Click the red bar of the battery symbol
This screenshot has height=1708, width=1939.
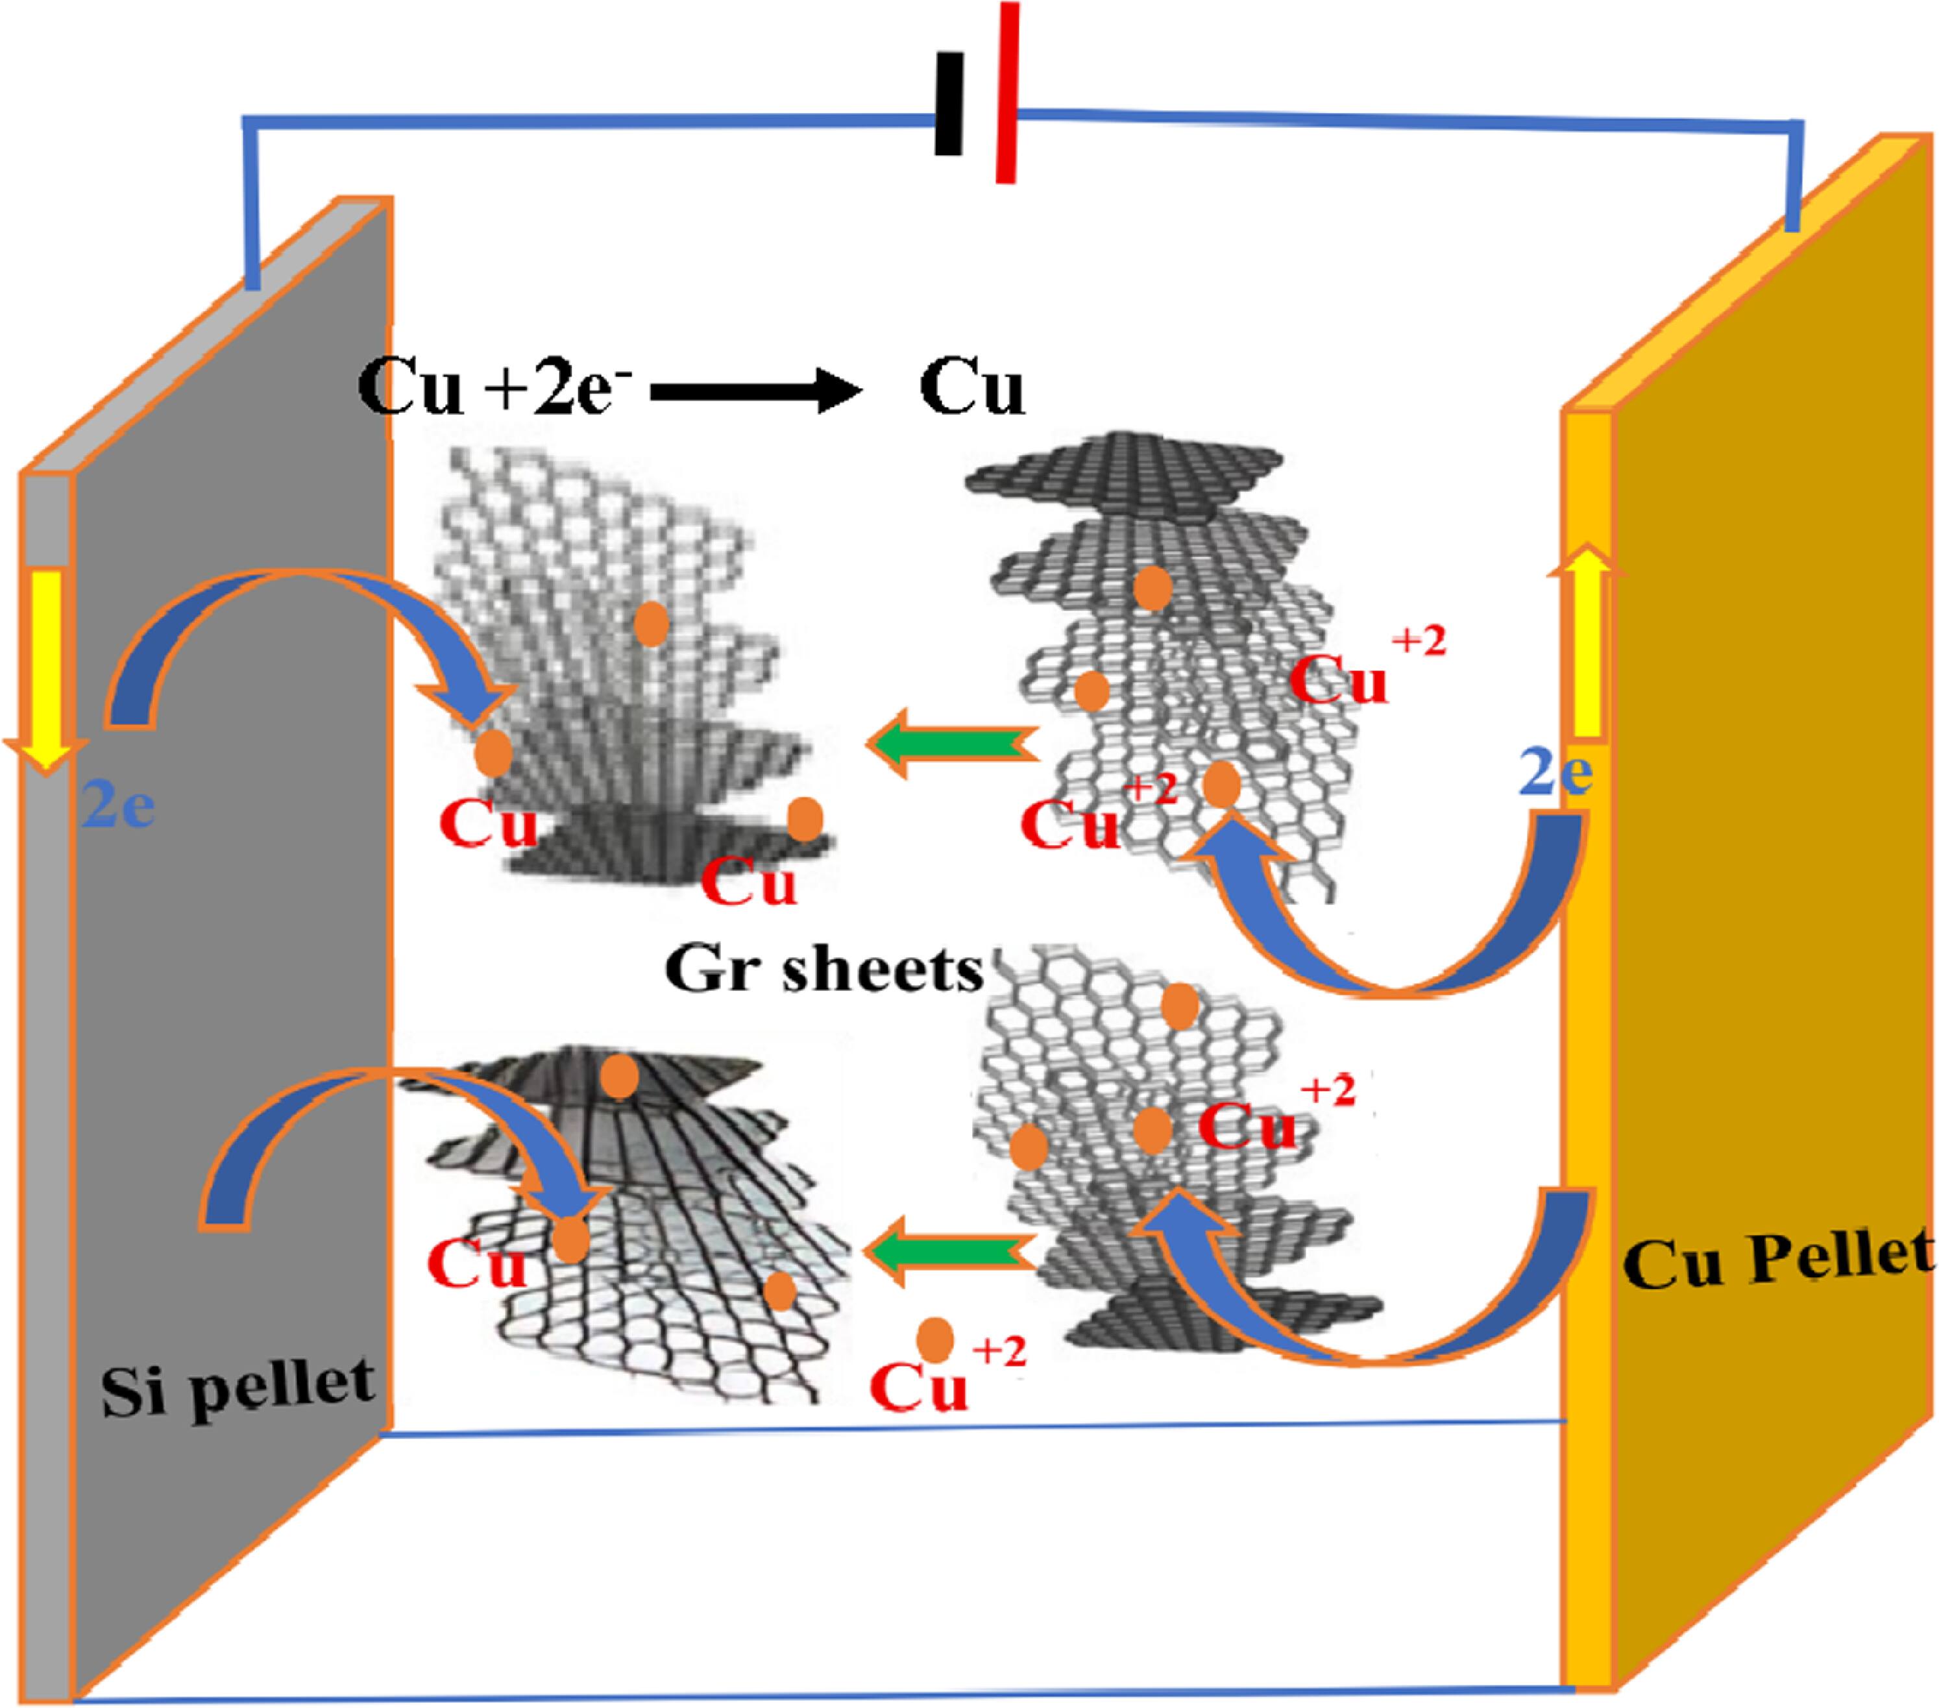pyautogui.click(x=1007, y=92)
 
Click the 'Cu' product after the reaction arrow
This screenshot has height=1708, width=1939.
pyautogui.click(x=971, y=389)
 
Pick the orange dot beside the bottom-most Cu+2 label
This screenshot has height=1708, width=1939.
pyautogui.click(x=934, y=1339)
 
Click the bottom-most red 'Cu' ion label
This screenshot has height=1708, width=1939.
pyautogui.click(x=918, y=1387)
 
